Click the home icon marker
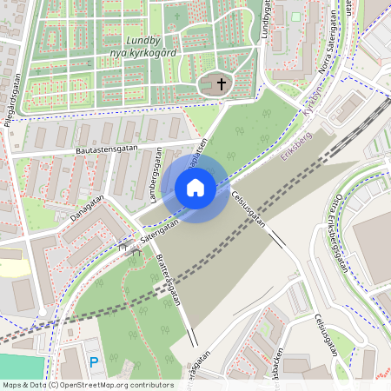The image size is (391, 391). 195,188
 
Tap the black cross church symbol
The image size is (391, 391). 222,84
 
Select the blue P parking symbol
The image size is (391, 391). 94,361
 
